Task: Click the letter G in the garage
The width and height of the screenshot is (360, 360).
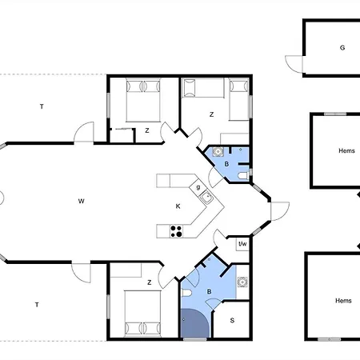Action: (342, 48)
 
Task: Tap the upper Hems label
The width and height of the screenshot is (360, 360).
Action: (346, 150)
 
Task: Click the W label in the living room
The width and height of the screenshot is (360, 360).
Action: (82, 201)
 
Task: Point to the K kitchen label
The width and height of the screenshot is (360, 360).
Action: (178, 206)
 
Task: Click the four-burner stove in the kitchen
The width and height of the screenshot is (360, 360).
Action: (176, 232)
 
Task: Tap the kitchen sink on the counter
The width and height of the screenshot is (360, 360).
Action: (206, 198)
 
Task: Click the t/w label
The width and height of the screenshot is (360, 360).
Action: (242, 243)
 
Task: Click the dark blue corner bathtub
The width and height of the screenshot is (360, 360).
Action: (194, 325)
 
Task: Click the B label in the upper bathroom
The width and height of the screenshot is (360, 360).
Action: (226, 164)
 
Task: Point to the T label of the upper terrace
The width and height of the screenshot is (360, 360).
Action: (42, 106)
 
